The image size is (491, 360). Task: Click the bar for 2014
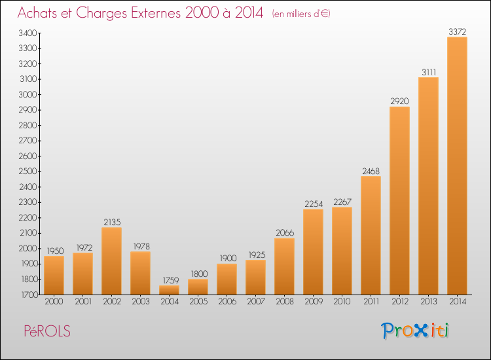click(457, 166)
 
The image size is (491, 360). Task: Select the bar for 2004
click(169, 290)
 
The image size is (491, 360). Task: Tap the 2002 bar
click(111, 261)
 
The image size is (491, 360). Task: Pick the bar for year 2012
click(399, 201)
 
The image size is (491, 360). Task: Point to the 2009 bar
click(313, 252)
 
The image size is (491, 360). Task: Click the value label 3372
click(457, 31)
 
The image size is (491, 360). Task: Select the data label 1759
click(171, 280)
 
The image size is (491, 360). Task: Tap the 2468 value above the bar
click(371, 171)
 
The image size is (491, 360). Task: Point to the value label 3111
click(429, 72)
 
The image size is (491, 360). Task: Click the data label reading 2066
click(285, 233)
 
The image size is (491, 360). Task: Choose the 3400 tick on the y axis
click(28, 33)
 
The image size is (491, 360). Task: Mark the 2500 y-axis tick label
click(28, 171)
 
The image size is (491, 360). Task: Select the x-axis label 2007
click(256, 302)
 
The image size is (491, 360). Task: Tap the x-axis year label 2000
click(54, 302)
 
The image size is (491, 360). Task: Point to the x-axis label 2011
click(371, 302)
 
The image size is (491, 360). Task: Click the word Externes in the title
click(156, 13)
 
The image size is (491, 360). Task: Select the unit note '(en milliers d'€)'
click(301, 14)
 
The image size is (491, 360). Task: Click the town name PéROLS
click(47, 331)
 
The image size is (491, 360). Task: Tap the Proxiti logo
click(415, 331)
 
